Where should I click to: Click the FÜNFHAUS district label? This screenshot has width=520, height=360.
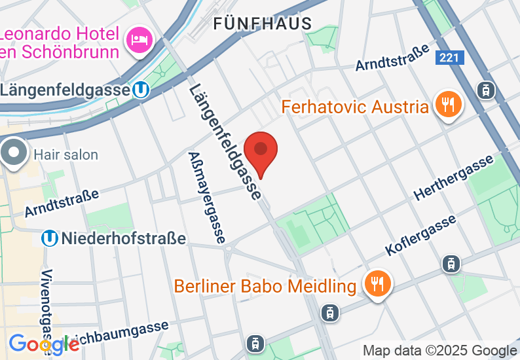click(x=263, y=24)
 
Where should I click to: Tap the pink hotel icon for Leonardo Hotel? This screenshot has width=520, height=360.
click(x=139, y=40)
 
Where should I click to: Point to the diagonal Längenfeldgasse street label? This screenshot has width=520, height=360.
click(x=225, y=141)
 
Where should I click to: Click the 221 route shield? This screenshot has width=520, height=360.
click(x=449, y=58)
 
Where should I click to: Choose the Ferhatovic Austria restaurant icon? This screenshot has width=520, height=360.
click(x=449, y=105)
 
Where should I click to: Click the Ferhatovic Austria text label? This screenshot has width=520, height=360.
click(x=356, y=106)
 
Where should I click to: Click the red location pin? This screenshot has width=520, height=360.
click(x=261, y=152)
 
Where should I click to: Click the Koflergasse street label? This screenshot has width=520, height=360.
click(x=420, y=236)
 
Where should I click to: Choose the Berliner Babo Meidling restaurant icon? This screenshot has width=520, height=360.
click(x=377, y=285)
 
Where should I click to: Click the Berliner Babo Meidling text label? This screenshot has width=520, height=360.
click(x=265, y=286)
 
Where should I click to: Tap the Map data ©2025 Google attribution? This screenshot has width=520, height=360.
click(x=439, y=351)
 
